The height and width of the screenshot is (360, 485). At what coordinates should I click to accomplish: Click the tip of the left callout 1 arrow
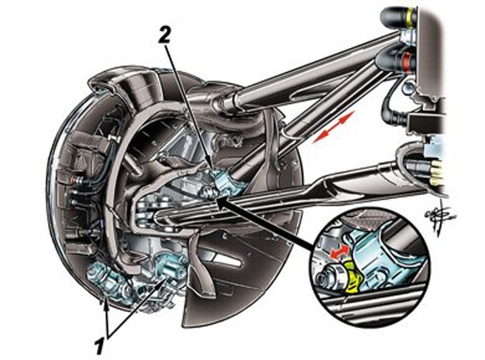104,298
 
